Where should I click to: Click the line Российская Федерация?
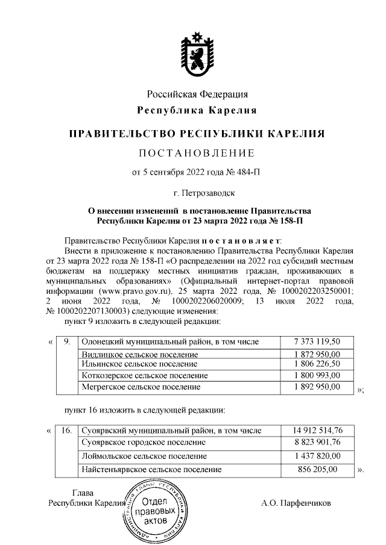198,95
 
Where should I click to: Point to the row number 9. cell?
67,342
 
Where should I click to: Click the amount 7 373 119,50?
317,342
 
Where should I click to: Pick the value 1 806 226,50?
317,364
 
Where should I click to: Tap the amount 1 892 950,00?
317,386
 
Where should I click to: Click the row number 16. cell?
67,431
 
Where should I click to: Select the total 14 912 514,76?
317,431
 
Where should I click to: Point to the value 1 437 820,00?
317,456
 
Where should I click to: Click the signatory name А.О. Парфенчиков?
297,502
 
